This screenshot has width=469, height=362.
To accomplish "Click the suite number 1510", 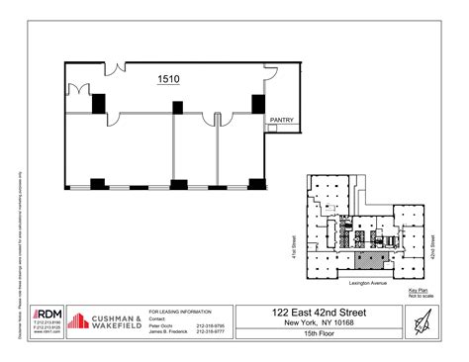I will pyautogui.click(x=169, y=79).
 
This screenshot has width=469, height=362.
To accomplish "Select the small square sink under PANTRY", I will pyautogui.click(x=272, y=126).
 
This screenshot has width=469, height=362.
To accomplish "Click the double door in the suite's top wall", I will pyautogui.click(x=115, y=68).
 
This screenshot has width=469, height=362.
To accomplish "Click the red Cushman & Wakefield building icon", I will pyautogui.click(x=80, y=320).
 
